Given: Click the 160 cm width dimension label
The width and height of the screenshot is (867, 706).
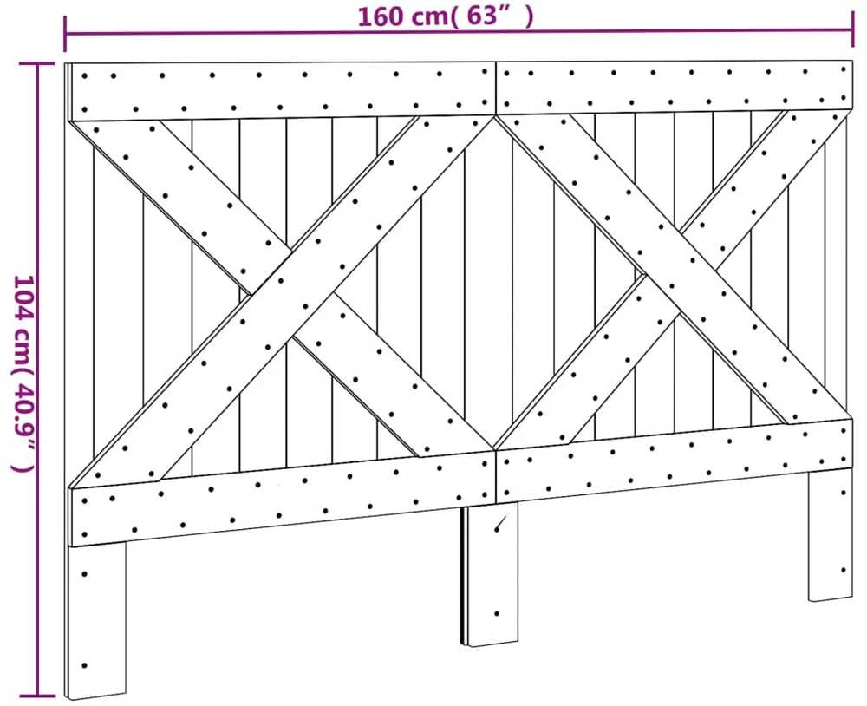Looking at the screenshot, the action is coord(446,16).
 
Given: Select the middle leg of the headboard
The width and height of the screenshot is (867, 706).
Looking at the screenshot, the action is coord(491,574).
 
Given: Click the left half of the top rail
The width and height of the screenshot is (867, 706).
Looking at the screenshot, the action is coord(282,90).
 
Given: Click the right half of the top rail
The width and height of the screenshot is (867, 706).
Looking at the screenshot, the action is coord(675,87).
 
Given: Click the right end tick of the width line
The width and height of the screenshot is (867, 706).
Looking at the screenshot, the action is coord(852,31).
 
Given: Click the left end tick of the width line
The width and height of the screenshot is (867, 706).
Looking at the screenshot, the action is coord(65,33).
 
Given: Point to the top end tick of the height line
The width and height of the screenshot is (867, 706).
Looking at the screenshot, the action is coord(37,64).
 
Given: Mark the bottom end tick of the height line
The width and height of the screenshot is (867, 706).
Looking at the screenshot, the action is coord(37,696).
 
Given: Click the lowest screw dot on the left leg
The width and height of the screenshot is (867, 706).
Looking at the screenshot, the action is coord(85,665).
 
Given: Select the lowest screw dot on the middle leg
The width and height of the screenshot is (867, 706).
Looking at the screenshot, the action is coord(497,613).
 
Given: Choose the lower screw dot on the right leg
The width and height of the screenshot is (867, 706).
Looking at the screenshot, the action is coord(844,569).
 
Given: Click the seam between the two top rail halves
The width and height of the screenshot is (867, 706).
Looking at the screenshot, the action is coord(497,88).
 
